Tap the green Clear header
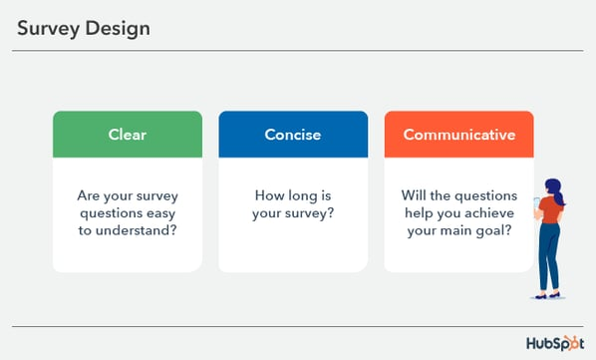pos(127,135)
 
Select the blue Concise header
pos(292,135)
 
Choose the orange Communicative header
pos(458,135)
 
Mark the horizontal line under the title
pos(298,50)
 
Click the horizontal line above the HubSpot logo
pos(298,326)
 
